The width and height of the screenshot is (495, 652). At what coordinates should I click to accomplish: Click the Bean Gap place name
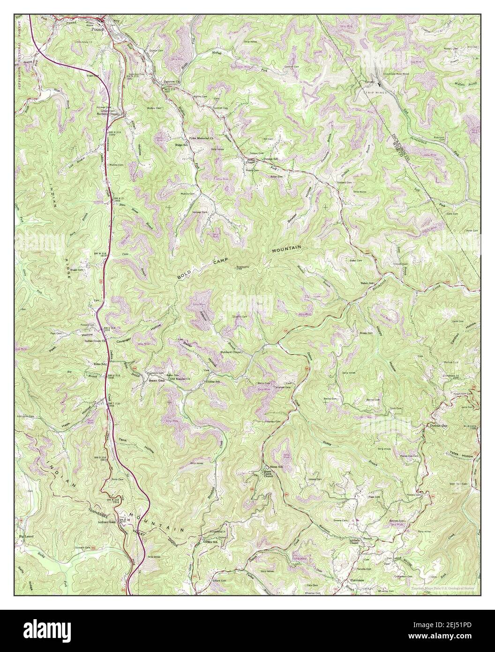[155, 380]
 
